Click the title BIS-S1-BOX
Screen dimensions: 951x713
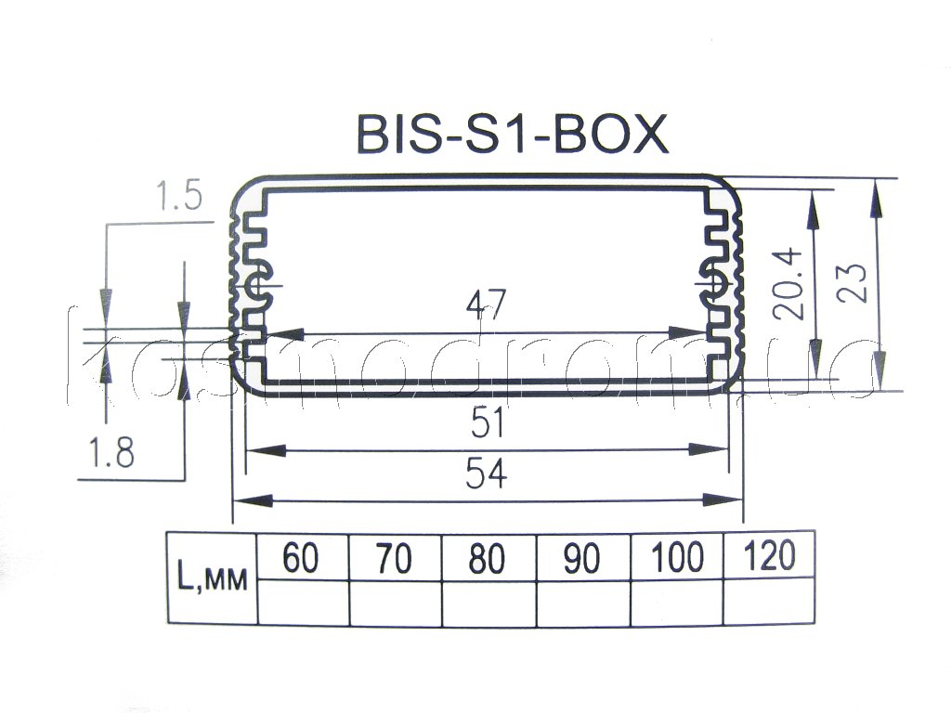pos(513,134)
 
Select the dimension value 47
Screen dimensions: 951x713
pos(486,306)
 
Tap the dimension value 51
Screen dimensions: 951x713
pos(488,422)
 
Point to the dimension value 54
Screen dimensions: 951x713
pos(487,473)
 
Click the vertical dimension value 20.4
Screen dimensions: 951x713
pos(788,284)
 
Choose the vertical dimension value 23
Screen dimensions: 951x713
pos(852,283)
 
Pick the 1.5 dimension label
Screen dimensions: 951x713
pos(179,196)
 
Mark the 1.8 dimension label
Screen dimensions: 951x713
pos(111,452)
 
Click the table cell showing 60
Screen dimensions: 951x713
pos(303,557)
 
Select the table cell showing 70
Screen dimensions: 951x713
pos(395,557)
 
